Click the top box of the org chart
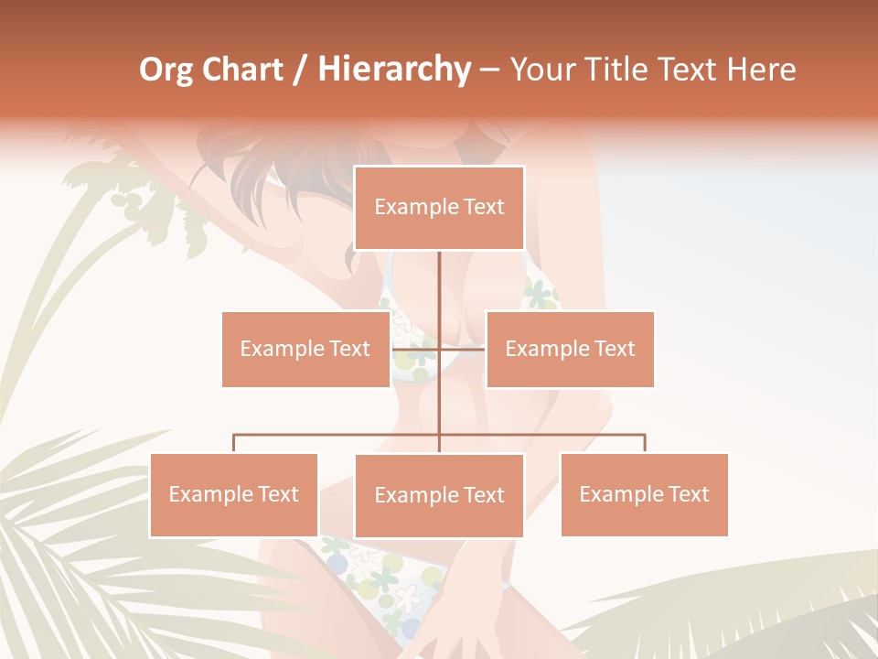click(439, 208)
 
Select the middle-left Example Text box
click(305, 349)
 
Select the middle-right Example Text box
click(570, 349)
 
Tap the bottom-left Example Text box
click(233, 494)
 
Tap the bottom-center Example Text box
click(439, 495)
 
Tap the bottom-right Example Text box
click(644, 494)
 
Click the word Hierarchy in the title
click(393, 70)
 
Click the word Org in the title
click(166, 70)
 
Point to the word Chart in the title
click(241, 70)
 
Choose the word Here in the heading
click(762, 70)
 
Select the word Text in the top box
click(481, 208)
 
